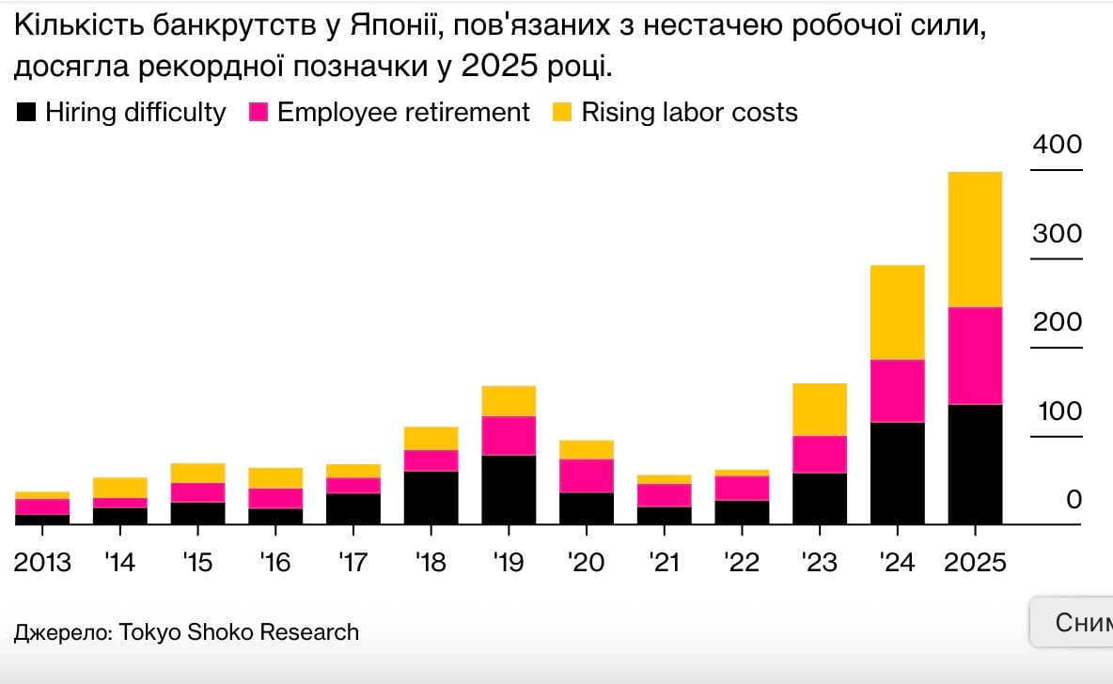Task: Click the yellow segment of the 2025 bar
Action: pos(975,239)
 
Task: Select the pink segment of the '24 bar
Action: pos(898,391)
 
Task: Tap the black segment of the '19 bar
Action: pos(509,489)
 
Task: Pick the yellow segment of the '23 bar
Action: pos(820,409)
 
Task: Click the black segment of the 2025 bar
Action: pos(975,463)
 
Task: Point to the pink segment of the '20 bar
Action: pos(587,475)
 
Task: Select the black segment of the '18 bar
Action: pos(431,497)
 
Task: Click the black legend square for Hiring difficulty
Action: pos(27,113)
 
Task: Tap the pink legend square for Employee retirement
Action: pos(259,113)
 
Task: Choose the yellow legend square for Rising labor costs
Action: pos(562,113)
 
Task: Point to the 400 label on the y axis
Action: pos(1058,146)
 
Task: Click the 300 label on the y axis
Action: pos(1058,234)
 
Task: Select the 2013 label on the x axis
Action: pos(42,563)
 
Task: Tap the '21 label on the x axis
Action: pos(664,563)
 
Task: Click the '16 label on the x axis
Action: pos(275,563)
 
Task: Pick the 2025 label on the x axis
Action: pos(975,563)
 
